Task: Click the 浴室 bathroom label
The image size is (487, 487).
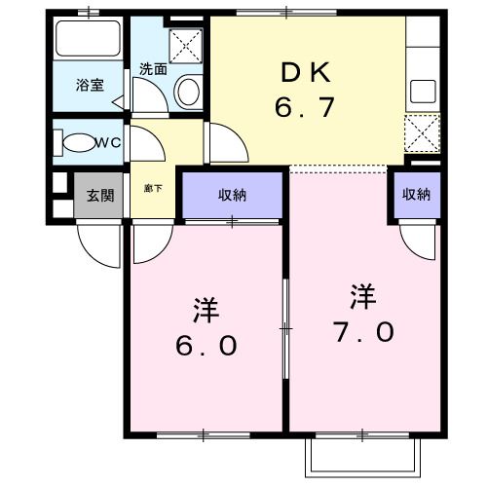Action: [90, 86]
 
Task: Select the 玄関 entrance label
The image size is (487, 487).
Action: [99, 195]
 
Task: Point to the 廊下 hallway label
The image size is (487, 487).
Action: [152, 187]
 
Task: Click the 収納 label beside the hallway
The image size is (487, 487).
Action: [232, 195]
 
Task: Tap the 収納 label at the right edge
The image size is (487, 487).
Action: [415, 194]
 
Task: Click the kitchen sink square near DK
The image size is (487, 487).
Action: [422, 93]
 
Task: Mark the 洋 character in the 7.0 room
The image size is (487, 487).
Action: [362, 293]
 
